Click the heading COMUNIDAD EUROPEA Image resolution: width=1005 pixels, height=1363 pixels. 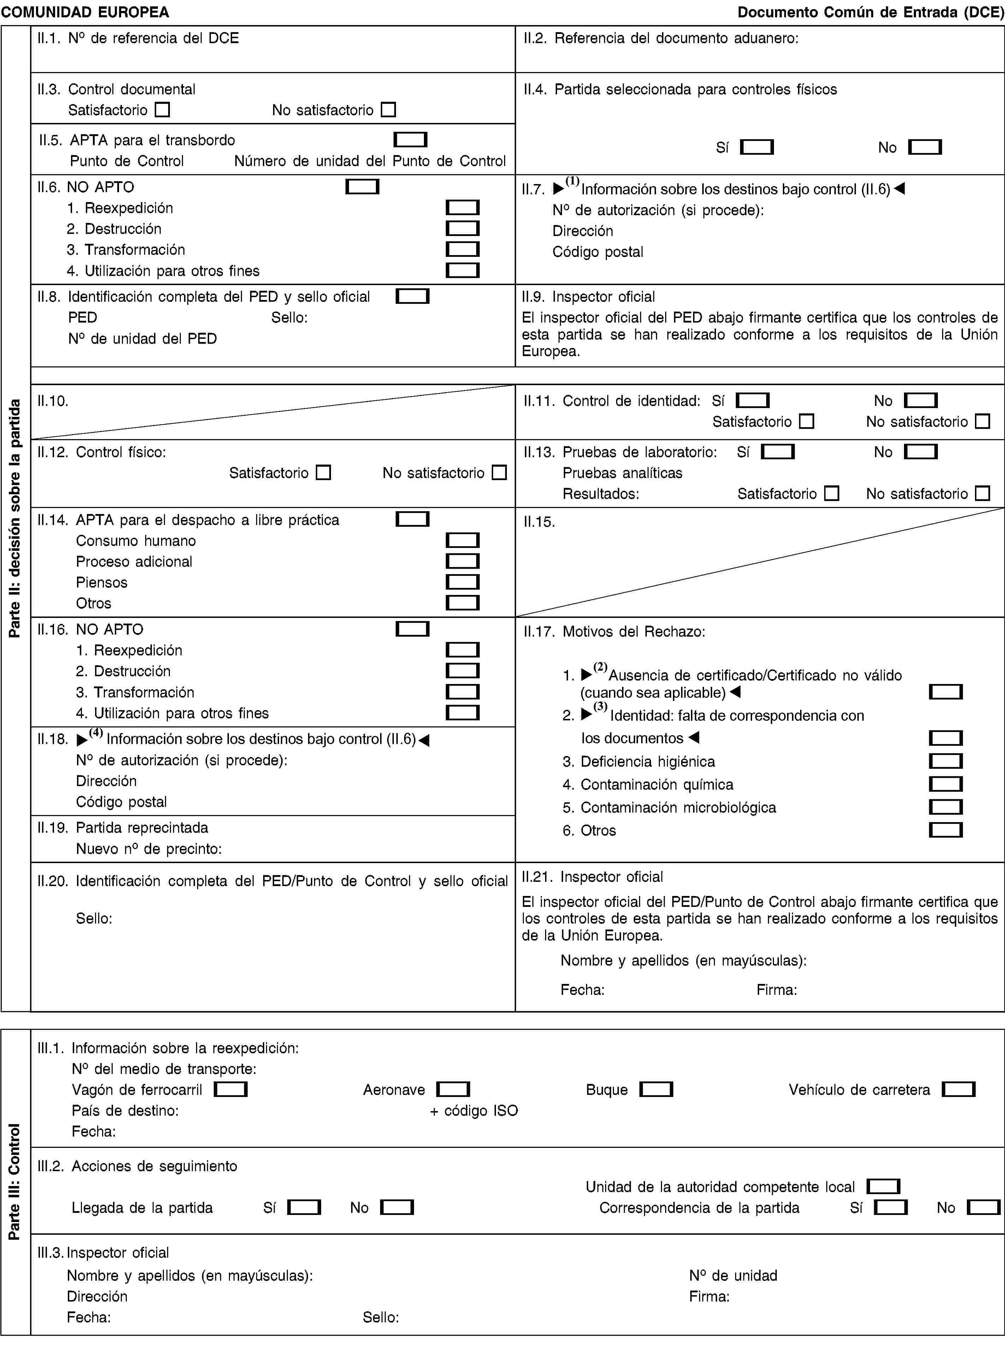pos(85,12)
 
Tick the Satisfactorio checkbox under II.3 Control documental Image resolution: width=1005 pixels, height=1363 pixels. pos(162,110)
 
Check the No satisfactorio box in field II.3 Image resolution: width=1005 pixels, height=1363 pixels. pos(388,110)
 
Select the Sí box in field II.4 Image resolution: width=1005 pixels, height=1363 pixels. pos(757,147)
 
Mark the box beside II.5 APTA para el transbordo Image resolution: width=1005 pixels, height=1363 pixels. pos(410,140)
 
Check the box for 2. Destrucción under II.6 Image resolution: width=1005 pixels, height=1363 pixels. pos(462,229)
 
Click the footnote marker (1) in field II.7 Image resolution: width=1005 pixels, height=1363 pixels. pos(572,181)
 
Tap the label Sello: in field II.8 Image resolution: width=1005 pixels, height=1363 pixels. pos(289,318)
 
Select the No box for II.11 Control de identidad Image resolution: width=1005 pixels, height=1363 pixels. pos(921,400)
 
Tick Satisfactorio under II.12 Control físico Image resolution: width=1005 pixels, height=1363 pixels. pos(324,473)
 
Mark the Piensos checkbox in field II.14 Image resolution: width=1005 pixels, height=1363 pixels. pos(462,582)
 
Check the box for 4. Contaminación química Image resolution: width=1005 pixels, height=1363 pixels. pos(945,784)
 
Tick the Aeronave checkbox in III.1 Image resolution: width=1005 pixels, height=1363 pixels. pos(453,1089)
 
